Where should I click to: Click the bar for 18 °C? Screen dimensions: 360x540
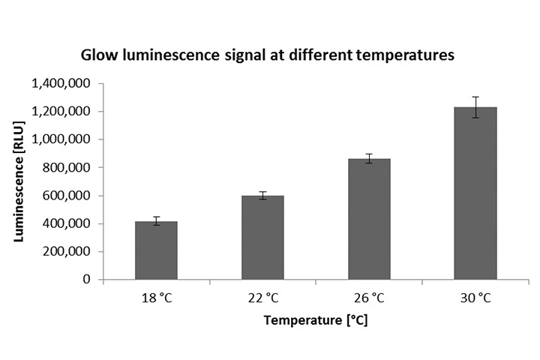156,250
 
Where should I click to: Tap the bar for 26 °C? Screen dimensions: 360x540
369,219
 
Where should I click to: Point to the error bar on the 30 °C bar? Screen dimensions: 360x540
475,106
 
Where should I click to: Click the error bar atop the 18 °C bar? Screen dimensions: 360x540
156,220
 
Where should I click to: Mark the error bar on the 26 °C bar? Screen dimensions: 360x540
369,158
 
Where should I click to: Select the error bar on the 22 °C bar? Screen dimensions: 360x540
262,196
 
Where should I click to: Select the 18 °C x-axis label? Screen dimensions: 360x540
156,298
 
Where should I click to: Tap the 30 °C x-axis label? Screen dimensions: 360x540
475,298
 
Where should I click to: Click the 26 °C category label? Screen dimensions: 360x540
369,298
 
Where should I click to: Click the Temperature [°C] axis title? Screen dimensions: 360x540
315,321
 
